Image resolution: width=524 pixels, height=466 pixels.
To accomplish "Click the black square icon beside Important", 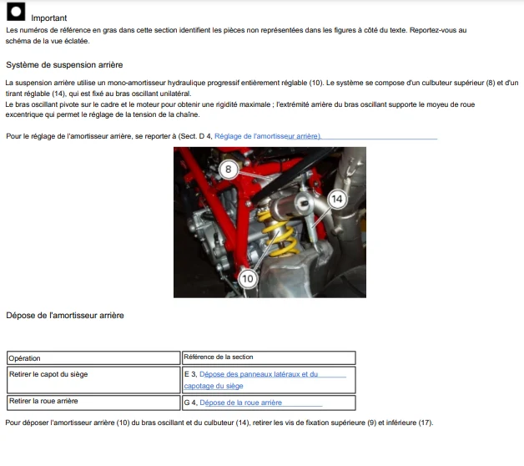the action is (x=16, y=12).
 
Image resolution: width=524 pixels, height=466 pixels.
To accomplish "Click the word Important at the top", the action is (x=48, y=18).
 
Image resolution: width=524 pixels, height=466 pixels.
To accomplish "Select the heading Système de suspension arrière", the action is (x=64, y=65).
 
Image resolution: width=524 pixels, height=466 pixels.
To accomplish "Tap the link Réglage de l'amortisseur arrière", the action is (x=267, y=136).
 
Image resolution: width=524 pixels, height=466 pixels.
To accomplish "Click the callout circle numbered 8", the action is (x=229, y=170).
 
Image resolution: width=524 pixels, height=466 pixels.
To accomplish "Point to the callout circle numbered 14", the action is (x=337, y=199).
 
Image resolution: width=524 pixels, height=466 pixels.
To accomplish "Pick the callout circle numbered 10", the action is (x=247, y=278).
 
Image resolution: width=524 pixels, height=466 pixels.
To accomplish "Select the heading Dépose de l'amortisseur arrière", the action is (x=65, y=316).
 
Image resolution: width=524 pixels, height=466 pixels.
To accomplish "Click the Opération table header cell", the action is (x=93, y=358).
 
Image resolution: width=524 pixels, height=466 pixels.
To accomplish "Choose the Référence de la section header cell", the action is (x=269, y=357).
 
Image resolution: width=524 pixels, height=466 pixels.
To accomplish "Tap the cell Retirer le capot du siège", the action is (x=93, y=380).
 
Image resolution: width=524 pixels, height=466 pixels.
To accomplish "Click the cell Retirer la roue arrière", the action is (x=93, y=403).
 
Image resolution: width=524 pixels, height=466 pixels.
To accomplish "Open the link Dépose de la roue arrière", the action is (x=240, y=403).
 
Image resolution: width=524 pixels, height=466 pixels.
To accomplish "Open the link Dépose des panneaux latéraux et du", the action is (x=259, y=374).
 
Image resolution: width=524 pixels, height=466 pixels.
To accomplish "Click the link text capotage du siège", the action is (x=214, y=386).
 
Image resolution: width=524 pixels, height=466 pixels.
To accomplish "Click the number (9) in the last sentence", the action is (x=371, y=423).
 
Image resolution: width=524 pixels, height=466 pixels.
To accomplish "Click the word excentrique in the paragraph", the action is (x=23, y=114).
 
